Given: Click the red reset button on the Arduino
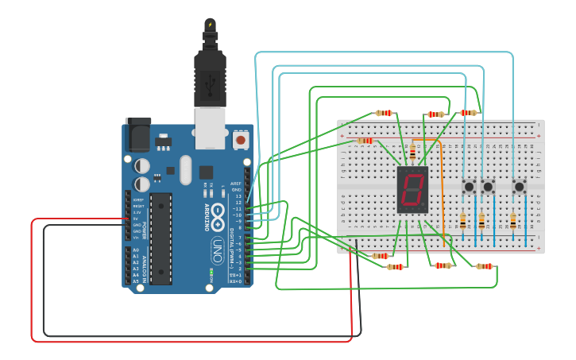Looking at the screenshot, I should (x=240, y=141).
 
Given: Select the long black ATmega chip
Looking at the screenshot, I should (x=160, y=238).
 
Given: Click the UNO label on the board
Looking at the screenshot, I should (x=216, y=253).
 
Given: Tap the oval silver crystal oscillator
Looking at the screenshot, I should (x=186, y=169).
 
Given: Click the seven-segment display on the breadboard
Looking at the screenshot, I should (x=412, y=191).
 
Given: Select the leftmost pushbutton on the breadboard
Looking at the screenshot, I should (x=470, y=187).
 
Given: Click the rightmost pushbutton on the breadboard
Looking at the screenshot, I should (x=519, y=187).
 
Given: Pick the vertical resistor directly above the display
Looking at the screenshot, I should (x=412, y=153).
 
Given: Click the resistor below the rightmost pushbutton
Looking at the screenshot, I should (x=513, y=222).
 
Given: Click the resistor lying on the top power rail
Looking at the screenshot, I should (x=365, y=141).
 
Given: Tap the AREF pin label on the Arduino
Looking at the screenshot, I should (x=236, y=183).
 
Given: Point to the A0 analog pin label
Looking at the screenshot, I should (x=135, y=250).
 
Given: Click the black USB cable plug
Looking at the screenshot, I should (x=210, y=75).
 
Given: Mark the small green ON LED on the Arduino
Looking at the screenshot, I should (x=211, y=273).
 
